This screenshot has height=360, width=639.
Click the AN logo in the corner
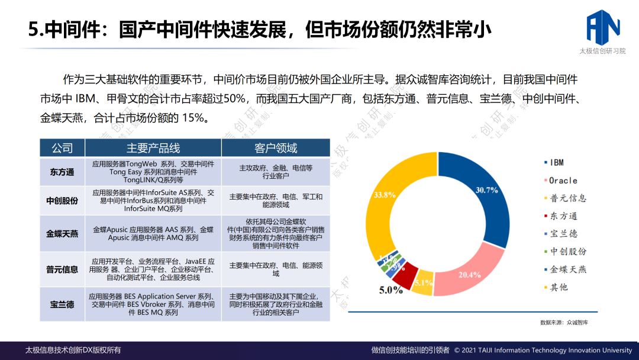click(x=602, y=27)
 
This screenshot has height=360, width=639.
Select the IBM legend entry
click(x=556, y=162)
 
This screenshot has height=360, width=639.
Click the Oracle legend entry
click(x=563, y=180)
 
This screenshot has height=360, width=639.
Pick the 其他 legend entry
click(x=559, y=287)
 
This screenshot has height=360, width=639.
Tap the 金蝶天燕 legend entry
click(x=567, y=269)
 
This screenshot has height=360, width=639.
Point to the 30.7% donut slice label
click(x=486, y=190)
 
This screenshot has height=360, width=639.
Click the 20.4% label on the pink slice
click(x=470, y=275)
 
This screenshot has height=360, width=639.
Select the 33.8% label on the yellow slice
click(x=385, y=194)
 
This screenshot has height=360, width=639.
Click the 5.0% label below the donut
click(x=390, y=290)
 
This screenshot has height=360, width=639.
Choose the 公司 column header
click(x=62, y=148)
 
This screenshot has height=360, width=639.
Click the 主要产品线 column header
click(x=153, y=148)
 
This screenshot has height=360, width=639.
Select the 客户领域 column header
click(x=276, y=148)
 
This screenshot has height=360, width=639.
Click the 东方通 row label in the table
click(x=62, y=172)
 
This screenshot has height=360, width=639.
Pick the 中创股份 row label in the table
click(x=62, y=201)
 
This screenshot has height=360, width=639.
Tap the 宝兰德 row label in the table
click(x=62, y=304)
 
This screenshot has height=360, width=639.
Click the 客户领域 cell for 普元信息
click(x=276, y=269)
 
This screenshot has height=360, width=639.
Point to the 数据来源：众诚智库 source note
click(x=567, y=323)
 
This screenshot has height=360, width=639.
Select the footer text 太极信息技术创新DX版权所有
click(x=73, y=350)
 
